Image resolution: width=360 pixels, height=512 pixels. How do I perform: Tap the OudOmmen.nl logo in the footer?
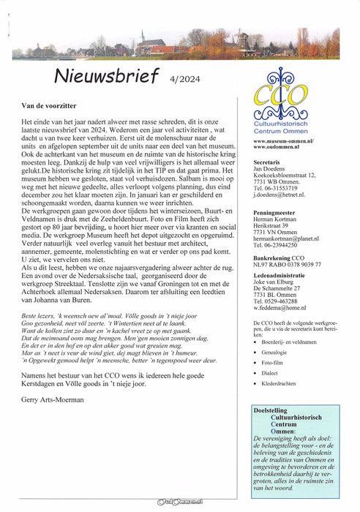(181, 502)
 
